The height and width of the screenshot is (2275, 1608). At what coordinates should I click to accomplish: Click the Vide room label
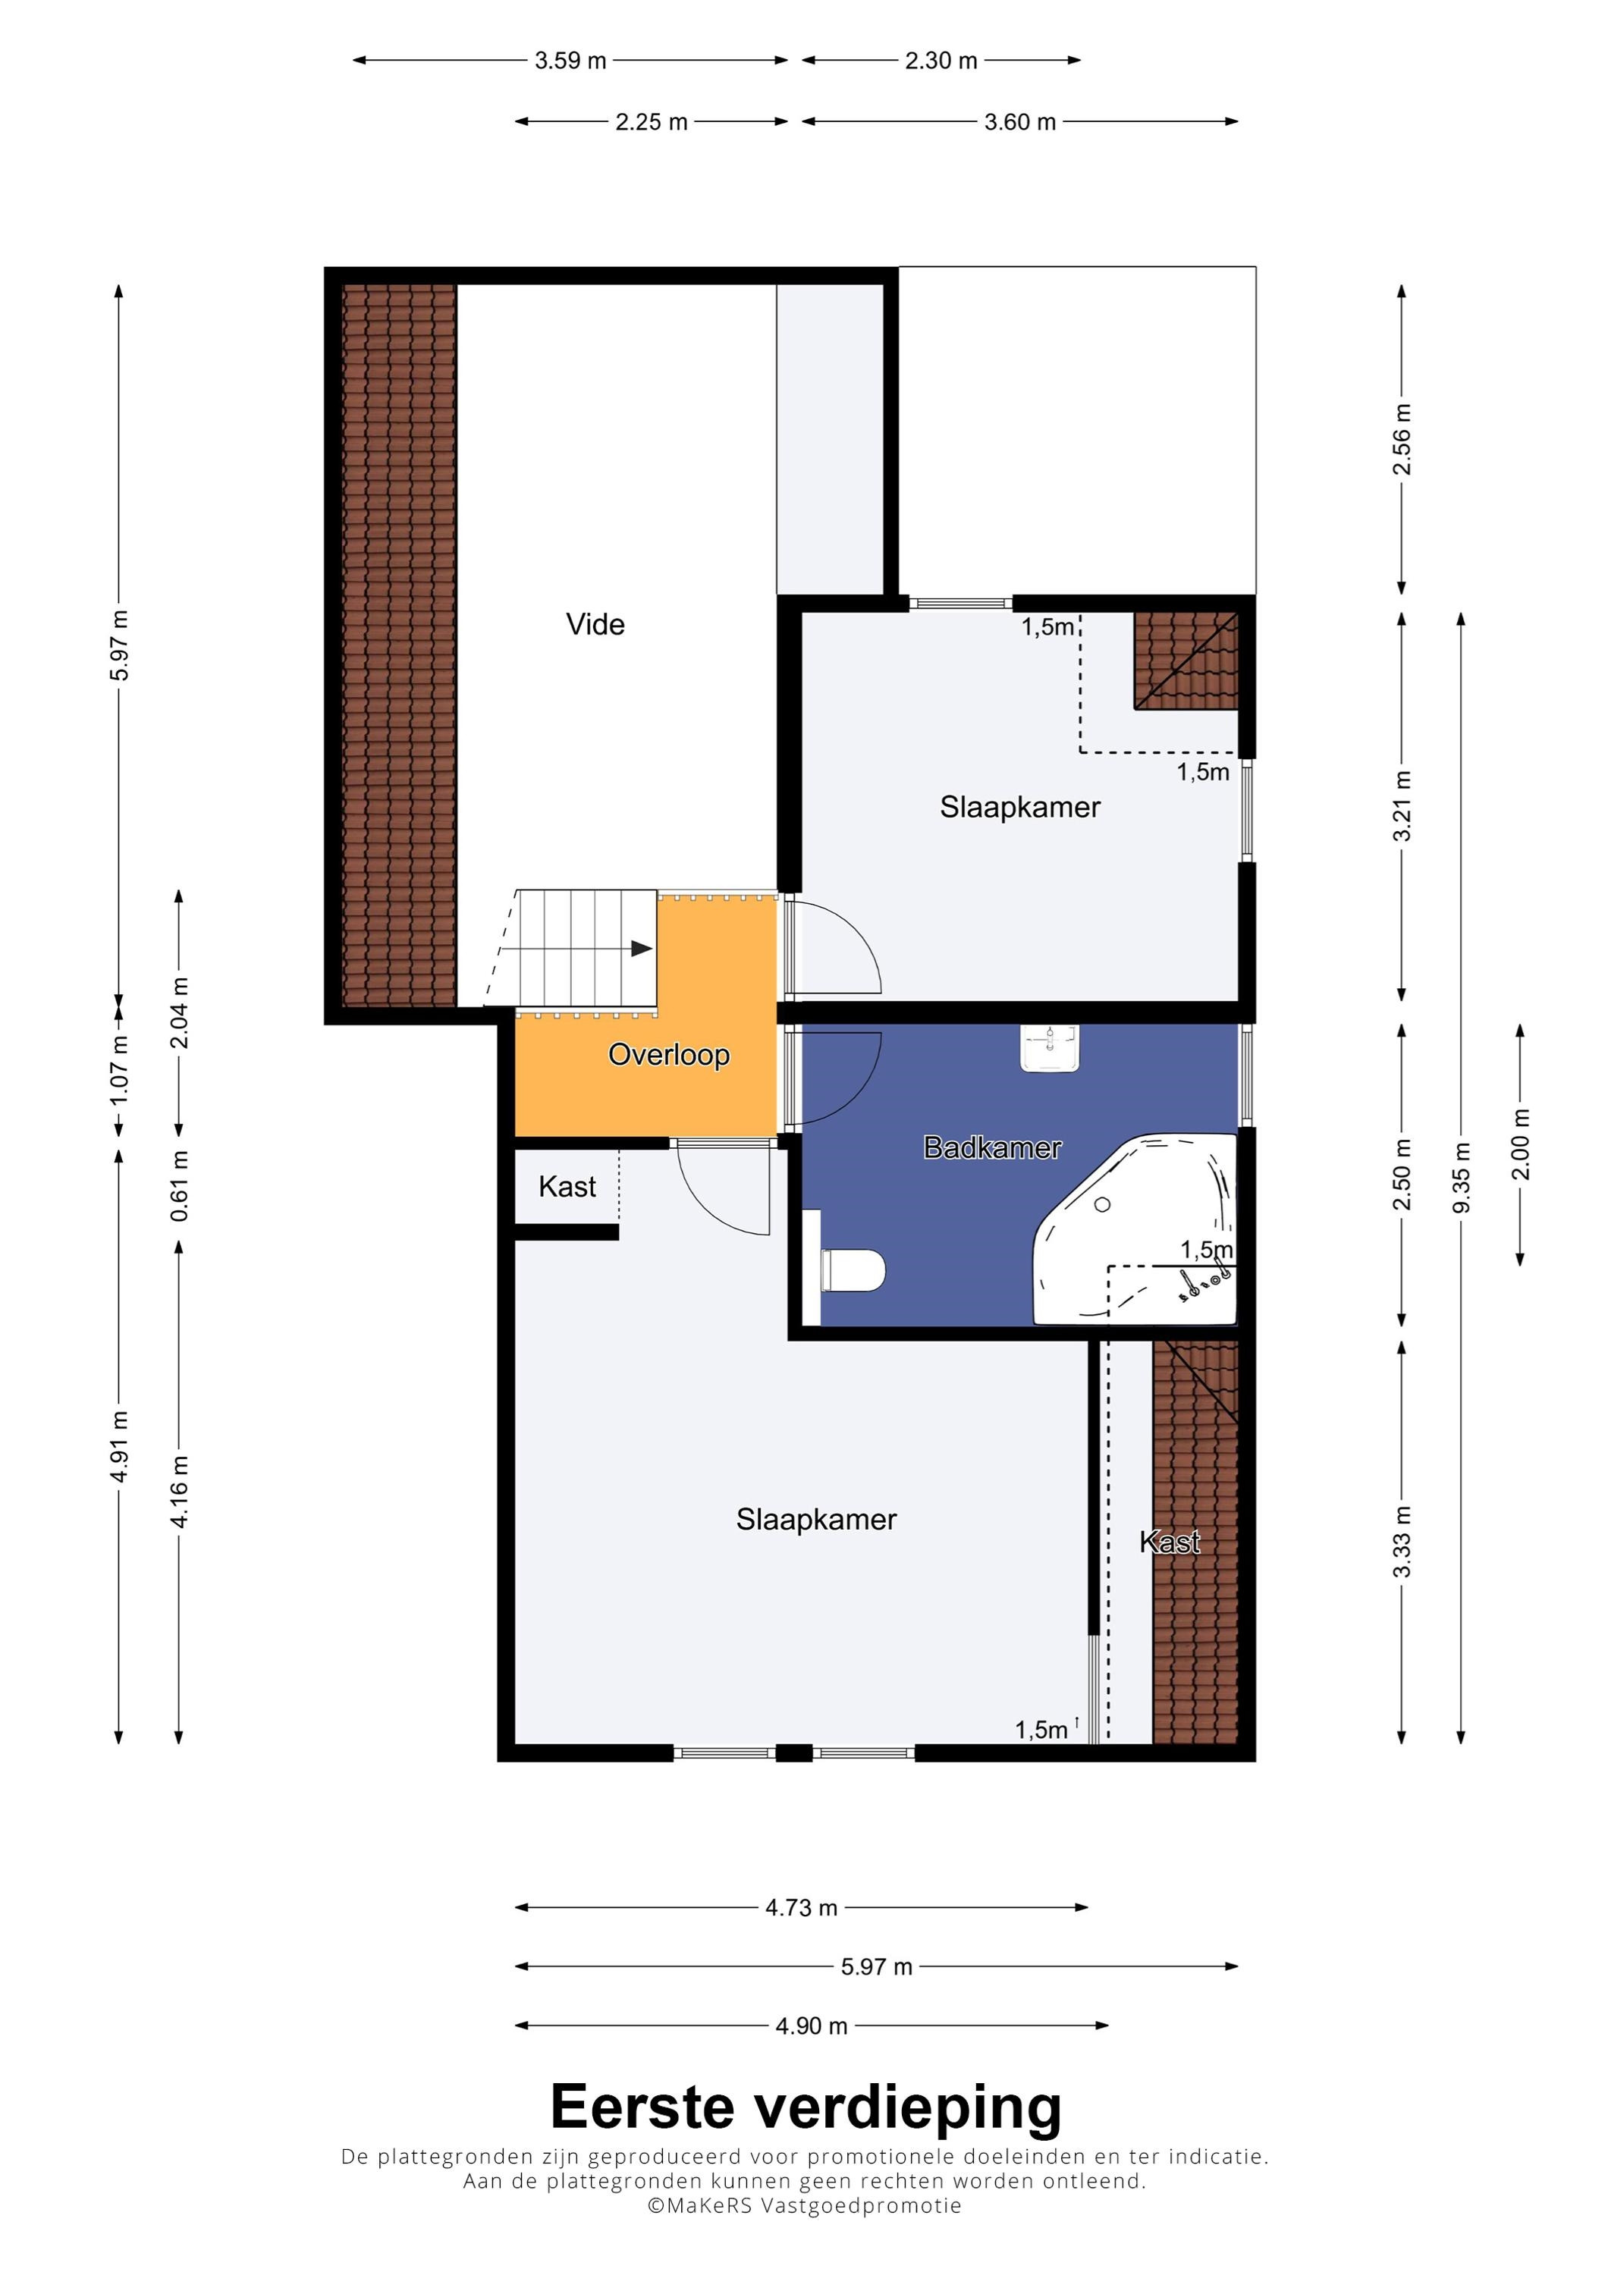(595, 624)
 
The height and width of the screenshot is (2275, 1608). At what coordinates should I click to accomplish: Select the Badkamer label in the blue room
(992, 1147)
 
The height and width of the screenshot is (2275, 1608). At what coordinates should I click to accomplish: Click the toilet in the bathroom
(853, 1270)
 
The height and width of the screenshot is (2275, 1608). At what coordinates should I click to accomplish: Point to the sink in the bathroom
(1049, 1048)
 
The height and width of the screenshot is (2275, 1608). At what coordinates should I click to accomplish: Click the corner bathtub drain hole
(1102, 1205)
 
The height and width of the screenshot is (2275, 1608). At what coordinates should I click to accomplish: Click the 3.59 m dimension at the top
(570, 61)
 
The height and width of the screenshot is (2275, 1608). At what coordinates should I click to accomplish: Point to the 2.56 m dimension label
(1401, 439)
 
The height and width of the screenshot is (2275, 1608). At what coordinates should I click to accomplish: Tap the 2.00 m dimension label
(1520, 1144)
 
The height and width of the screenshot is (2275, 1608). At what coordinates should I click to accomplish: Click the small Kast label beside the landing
(567, 1186)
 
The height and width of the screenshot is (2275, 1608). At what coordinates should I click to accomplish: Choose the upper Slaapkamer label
(1019, 807)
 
